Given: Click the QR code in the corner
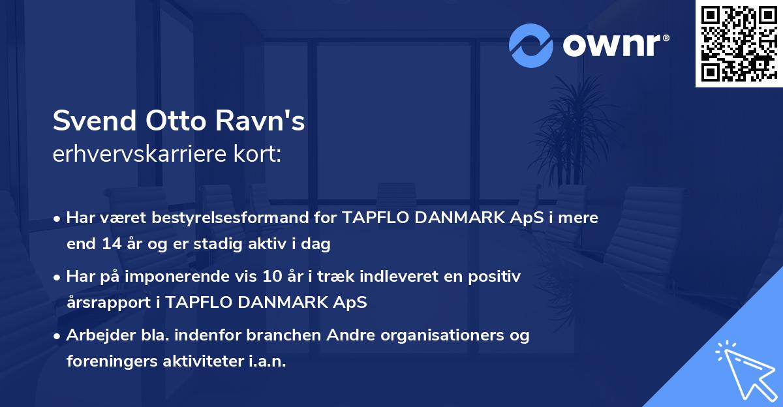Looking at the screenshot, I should click(739, 44).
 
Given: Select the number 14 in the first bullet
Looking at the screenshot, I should click(106, 244).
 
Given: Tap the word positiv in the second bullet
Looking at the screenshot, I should click(497, 277).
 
